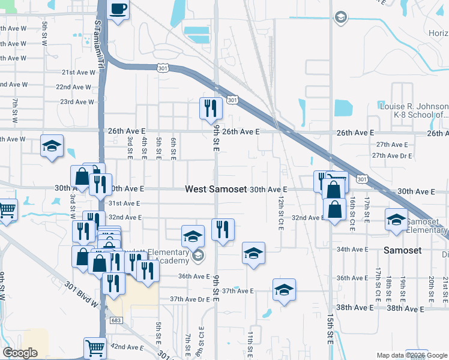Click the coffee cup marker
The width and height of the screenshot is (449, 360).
(x=118, y=10)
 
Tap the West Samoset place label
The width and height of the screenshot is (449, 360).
(x=215, y=189)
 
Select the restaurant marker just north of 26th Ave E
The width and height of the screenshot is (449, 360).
(x=210, y=108)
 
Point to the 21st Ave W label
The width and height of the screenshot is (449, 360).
(x=79, y=72)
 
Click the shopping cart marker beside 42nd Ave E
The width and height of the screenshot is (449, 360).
(x=95, y=347)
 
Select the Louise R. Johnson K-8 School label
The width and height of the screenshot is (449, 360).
(x=414, y=110)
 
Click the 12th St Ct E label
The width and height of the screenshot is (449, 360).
(x=281, y=212)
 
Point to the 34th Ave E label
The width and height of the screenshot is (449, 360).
(x=351, y=249)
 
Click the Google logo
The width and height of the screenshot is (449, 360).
(x=20, y=353)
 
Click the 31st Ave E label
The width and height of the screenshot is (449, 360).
(x=124, y=203)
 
